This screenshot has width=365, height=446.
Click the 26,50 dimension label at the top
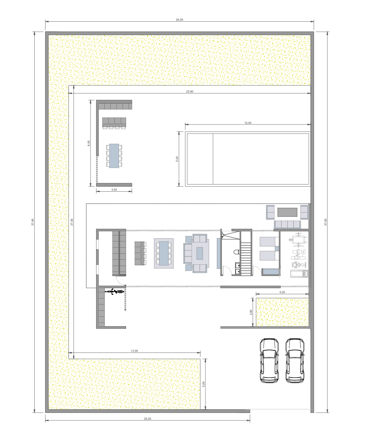pos(180,20)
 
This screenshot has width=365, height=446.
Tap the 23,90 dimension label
pos(190,91)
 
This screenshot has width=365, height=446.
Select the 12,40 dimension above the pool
pos(248,123)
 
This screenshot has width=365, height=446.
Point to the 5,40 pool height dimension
pos(177,159)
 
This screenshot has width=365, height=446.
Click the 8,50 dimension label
pos(89,143)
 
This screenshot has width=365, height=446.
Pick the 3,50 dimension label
pos(114,190)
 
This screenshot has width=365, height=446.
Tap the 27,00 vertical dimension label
pos(72,222)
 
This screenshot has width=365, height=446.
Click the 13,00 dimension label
pos(134,351)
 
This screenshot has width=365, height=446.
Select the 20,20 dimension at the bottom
pos(148,418)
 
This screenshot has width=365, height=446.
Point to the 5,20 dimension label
pos(282,292)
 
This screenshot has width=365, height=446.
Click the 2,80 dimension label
pos(251,312)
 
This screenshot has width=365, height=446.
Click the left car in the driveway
pos(269,360)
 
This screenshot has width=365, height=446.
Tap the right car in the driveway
pos(295,360)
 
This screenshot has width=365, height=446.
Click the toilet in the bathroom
pos(236,252)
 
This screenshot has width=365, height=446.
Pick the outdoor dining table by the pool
pos(114,156)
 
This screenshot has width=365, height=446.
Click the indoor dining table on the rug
pos(164,253)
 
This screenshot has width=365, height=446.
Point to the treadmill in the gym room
pos(299,274)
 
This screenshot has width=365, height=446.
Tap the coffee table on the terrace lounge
pos(287,212)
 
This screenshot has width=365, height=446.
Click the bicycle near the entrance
pos(115,291)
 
